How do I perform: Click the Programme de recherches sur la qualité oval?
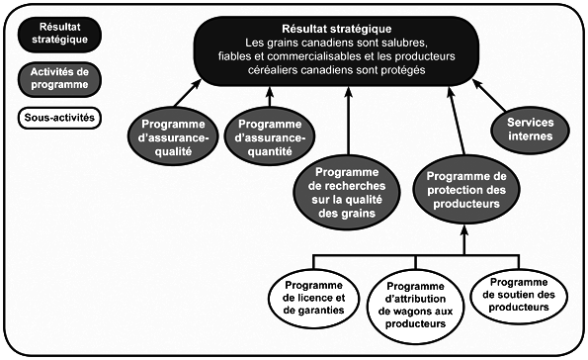click(x=348, y=183)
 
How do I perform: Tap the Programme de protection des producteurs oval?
click(x=462, y=183)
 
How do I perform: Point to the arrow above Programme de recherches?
click(x=348, y=119)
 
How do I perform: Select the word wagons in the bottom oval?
click(x=401, y=309)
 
